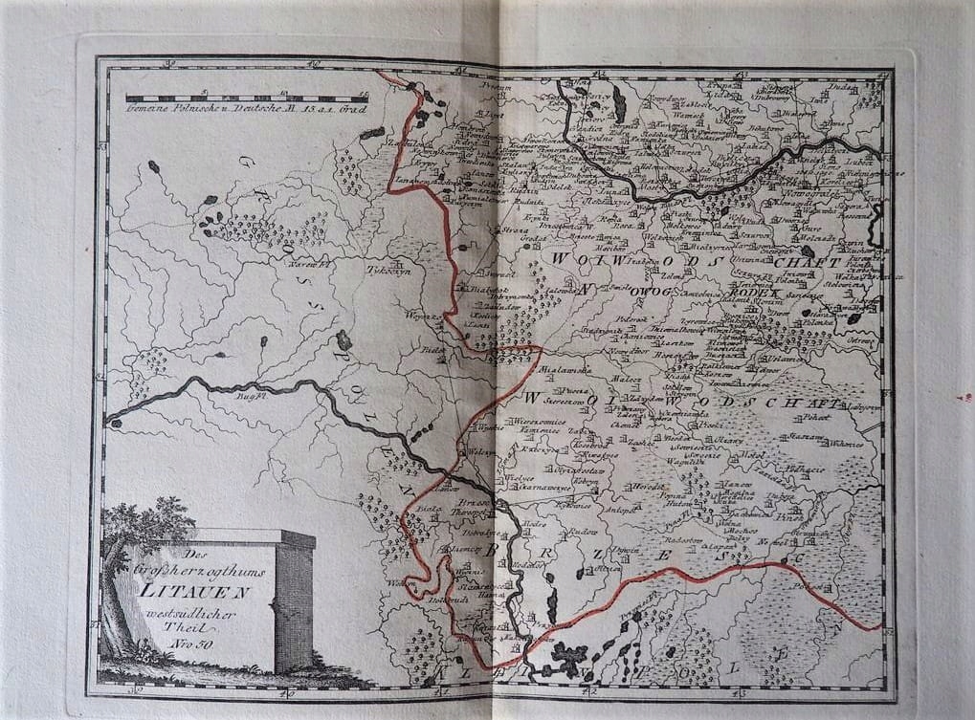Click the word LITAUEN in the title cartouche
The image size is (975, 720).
[194, 590]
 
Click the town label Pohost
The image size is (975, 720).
[814, 418]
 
